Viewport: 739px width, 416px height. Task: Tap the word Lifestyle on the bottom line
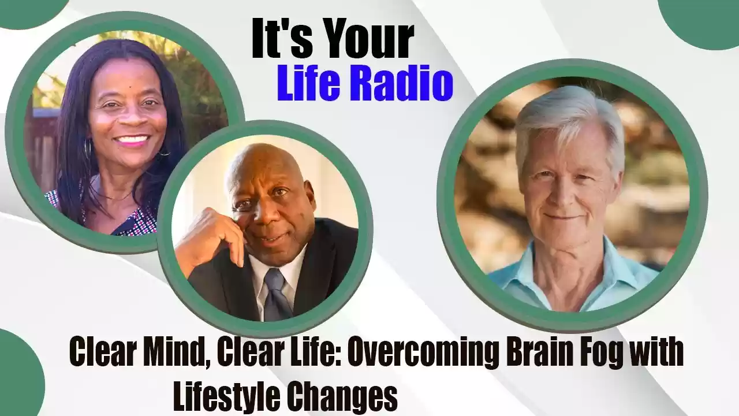point(227,396)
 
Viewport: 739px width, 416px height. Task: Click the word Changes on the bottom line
point(341,396)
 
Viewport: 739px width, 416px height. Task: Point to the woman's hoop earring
point(87,148)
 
